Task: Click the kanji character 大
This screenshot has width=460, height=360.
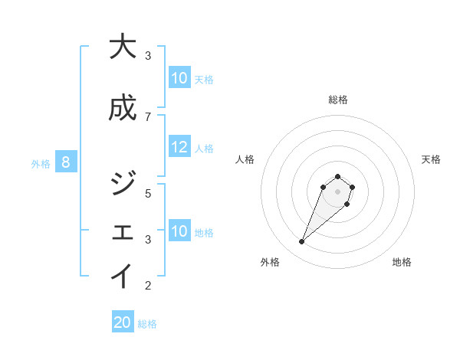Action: coord(122,47)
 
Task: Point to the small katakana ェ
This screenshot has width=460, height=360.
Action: coord(122,234)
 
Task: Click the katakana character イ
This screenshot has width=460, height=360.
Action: coord(122,277)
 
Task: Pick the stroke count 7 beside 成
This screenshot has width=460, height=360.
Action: coord(148,116)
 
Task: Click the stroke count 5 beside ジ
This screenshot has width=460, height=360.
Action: coord(148,193)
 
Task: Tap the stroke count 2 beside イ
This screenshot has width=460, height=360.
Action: coord(148,286)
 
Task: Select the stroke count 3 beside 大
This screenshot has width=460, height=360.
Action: coord(148,56)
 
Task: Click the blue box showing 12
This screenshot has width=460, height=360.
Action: coord(179,148)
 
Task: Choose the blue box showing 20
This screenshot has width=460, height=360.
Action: coord(123,323)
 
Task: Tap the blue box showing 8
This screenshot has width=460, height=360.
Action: coord(66,162)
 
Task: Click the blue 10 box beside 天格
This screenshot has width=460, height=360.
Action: coord(179,78)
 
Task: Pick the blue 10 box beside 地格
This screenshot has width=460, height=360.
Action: coord(179,231)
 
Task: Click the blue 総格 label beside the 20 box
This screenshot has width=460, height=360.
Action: coord(147,324)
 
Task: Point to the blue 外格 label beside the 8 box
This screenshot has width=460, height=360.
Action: coord(41,162)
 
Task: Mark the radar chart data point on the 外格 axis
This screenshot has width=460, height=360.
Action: coord(301,242)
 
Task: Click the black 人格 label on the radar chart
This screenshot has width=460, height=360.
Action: coord(245,159)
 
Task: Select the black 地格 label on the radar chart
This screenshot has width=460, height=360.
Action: coord(402,262)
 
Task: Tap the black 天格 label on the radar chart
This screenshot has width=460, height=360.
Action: coord(431,159)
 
